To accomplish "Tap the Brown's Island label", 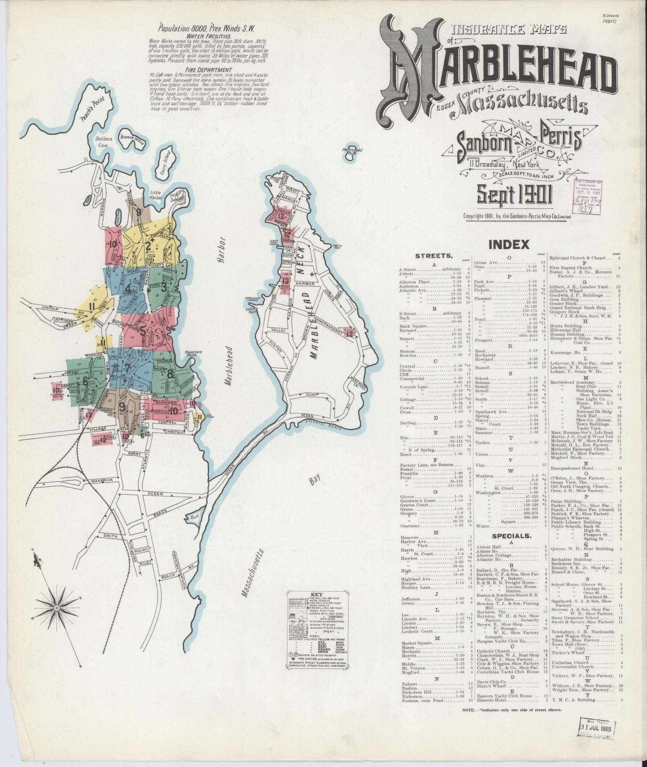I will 128,139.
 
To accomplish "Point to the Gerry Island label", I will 165,164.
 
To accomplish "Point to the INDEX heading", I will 509,244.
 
